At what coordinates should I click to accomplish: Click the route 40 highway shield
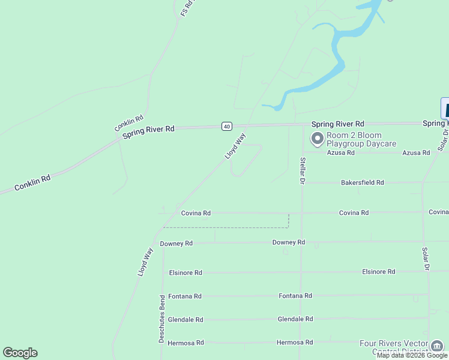(x=226, y=126)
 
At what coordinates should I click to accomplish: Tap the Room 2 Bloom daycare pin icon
(x=317, y=139)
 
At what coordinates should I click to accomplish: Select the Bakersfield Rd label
(x=362, y=182)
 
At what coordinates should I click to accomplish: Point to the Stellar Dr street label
(x=303, y=170)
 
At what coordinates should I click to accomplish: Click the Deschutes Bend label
(x=161, y=319)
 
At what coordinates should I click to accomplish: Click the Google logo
(x=20, y=353)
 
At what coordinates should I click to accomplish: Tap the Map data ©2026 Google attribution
(x=412, y=356)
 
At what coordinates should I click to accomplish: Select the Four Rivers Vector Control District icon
(x=437, y=345)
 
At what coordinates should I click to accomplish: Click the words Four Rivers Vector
(x=393, y=343)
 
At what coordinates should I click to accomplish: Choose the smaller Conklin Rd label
(x=129, y=124)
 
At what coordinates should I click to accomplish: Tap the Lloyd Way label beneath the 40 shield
(x=235, y=146)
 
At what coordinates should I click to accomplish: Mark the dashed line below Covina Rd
(x=228, y=227)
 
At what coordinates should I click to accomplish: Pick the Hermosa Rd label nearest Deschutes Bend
(x=185, y=343)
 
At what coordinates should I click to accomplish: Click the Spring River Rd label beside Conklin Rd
(x=148, y=132)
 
